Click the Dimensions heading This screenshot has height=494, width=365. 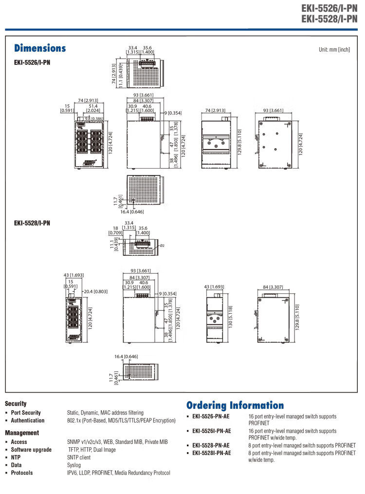40,48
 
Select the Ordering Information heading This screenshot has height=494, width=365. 235,405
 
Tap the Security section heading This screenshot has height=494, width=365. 16,403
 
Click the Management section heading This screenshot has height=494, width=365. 22,433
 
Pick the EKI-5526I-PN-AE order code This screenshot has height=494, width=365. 212,431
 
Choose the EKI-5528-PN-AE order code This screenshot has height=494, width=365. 211,445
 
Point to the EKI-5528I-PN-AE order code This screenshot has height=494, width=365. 212,453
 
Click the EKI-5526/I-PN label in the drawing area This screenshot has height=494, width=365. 32,62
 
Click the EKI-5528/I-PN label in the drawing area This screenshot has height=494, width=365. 32,223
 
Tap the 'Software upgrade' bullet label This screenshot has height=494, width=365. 31,450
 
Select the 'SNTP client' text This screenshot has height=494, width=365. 79,457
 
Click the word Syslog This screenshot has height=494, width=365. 74,465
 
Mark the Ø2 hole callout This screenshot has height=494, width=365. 162,246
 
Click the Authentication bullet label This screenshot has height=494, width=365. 28,420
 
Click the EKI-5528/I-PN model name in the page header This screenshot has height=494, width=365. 329,19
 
